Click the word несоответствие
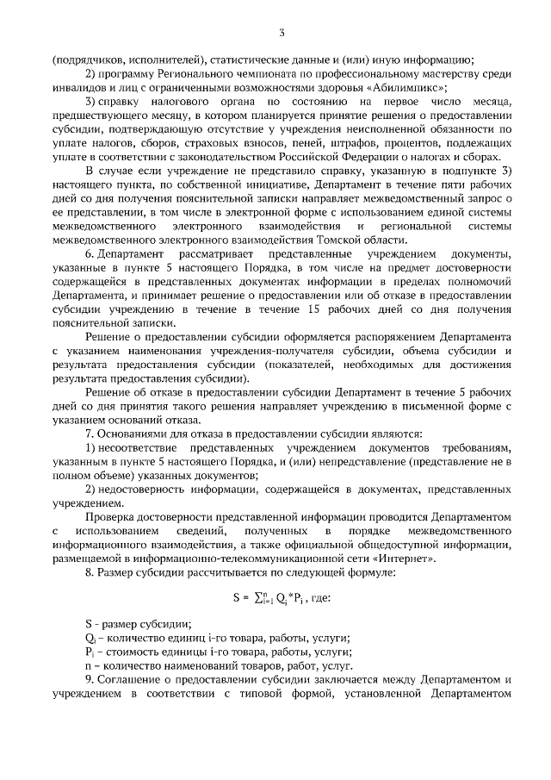coord(140,449)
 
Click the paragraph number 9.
coord(90,680)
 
